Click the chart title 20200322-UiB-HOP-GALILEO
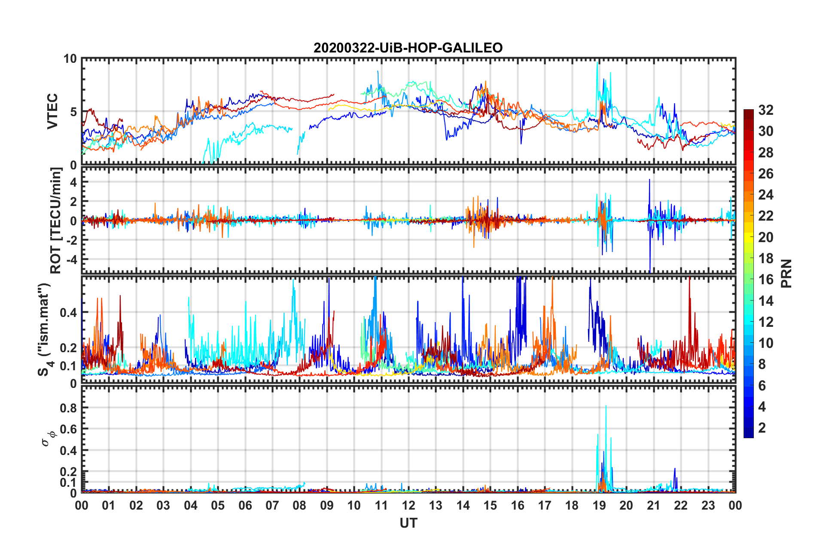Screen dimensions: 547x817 408,48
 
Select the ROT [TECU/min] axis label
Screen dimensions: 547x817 56,221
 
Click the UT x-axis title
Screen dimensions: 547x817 408,523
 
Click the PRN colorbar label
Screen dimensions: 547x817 787,273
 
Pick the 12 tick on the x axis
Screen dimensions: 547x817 408,505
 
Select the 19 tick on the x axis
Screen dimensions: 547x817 599,505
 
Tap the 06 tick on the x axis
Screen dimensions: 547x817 245,505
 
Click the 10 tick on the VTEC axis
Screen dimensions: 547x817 70,59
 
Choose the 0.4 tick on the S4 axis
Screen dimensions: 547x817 68,313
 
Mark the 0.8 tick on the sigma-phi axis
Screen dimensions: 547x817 68,408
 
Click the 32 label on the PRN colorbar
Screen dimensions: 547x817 765,110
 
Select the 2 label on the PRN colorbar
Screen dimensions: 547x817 762,428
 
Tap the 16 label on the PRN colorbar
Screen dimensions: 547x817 765,280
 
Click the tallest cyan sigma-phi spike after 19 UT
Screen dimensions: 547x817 606,407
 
